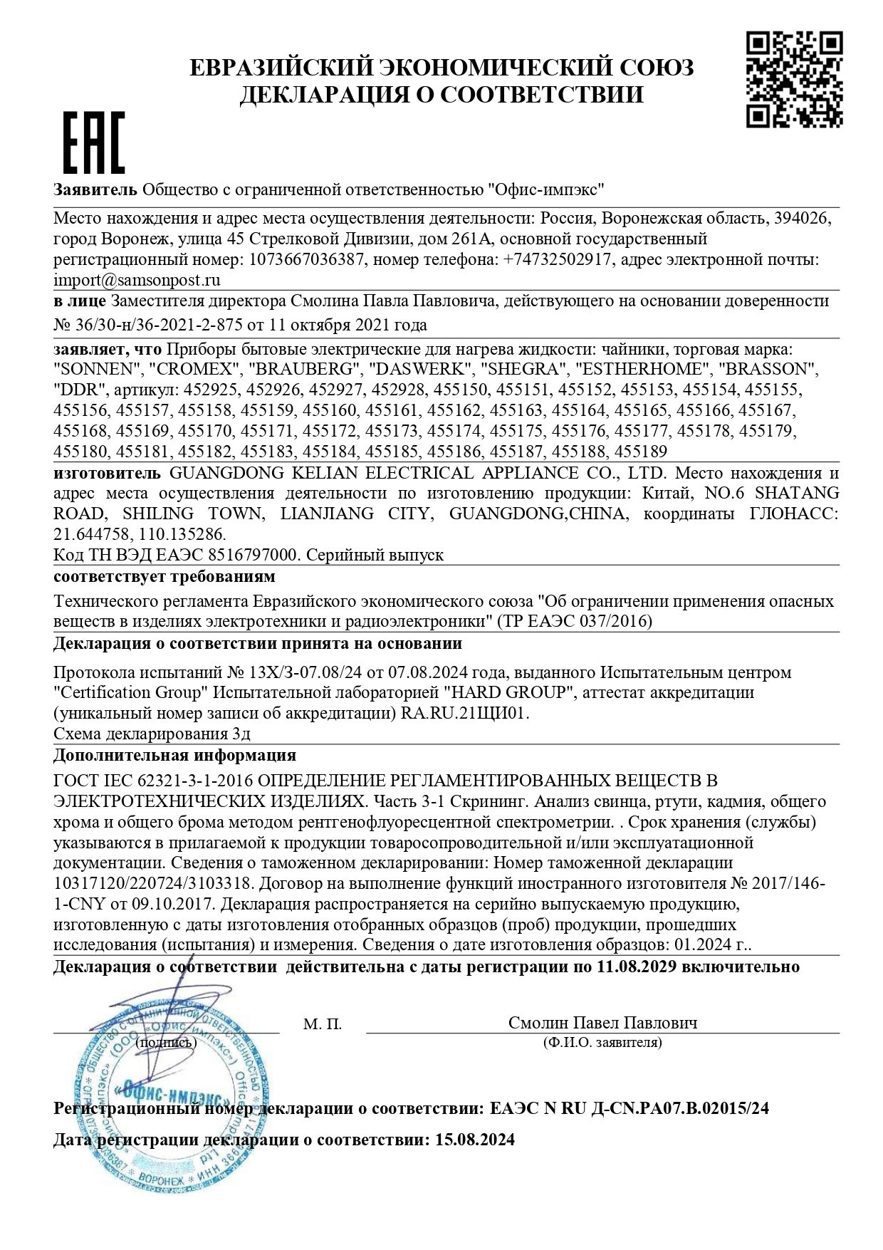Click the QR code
(x=794, y=80)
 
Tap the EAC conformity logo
(x=95, y=142)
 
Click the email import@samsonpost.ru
(x=137, y=280)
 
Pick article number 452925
(x=212, y=390)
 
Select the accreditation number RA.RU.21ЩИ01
(x=466, y=713)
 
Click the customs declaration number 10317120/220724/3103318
(x=152, y=884)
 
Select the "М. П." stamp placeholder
(x=323, y=1024)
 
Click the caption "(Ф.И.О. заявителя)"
(x=602, y=1043)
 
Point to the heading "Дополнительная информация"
(x=174, y=755)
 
